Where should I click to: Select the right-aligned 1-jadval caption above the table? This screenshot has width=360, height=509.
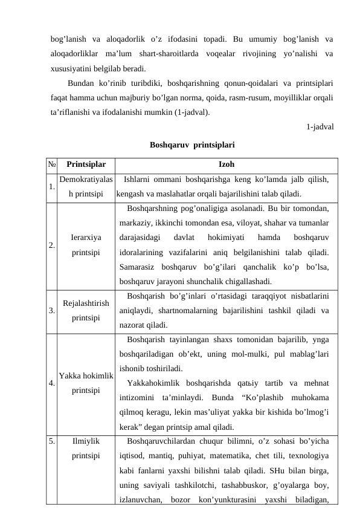321,127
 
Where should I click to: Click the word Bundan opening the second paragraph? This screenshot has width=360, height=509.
82,83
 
